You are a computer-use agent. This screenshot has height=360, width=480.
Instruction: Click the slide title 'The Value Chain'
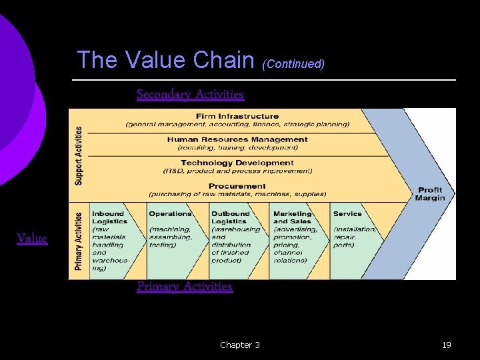(166, 61)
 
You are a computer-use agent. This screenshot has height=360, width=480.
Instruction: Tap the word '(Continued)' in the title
(293, 64)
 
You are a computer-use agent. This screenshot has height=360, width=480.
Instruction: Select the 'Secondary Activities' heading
(190, 95)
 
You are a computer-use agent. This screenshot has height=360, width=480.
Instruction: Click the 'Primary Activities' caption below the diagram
(185, 287)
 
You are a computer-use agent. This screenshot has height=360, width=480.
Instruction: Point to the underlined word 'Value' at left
(32, 238)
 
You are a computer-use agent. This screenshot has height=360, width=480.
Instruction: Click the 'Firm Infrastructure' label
(237, 117)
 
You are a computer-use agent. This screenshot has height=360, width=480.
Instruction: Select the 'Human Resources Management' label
(237, 140)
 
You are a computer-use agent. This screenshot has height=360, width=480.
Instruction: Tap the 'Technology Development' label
(237, 163)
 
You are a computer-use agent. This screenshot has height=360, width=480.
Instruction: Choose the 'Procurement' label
(237, 186)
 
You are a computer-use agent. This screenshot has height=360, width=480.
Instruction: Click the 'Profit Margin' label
(430, 194)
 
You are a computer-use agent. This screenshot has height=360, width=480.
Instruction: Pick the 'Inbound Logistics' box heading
(109, 217)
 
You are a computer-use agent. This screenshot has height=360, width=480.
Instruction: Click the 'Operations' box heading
(170, 214)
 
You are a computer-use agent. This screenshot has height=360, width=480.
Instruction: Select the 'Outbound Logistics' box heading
(231, 217)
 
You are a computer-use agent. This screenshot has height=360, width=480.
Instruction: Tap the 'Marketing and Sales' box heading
(293, 217)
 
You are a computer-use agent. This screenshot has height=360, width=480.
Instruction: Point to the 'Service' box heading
(347, 214)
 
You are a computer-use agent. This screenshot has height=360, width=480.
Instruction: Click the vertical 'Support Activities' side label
(79, 156)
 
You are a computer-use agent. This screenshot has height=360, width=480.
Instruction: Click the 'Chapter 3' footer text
(240, 345)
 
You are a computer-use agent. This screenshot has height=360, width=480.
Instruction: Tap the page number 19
(447, 345)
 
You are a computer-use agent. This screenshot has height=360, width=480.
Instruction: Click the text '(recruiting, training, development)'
(237, 148)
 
